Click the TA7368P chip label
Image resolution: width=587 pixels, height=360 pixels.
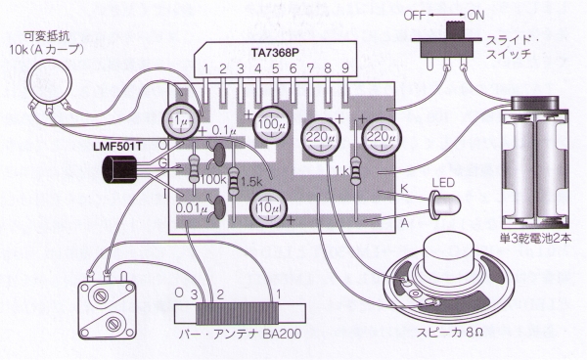(275, 53)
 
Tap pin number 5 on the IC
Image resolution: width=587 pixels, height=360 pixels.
(276, 68)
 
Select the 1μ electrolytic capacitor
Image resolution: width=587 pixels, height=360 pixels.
(180, 120)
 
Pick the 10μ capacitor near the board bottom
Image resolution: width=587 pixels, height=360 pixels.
(268, 208)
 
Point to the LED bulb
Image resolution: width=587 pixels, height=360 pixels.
(445, 205)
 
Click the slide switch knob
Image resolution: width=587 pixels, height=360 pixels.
(455, 30)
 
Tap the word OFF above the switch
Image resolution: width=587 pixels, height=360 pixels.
(415, 16)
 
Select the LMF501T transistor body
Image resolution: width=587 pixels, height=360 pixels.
(119, 169)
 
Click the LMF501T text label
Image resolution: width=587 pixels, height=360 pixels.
(118, 146)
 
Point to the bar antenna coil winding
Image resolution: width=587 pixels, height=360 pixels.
(237, 314)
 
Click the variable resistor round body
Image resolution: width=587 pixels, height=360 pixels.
(49, 81)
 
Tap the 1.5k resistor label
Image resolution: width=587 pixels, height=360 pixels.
(252, 182)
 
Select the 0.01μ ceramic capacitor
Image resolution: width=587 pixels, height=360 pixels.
(219, 207)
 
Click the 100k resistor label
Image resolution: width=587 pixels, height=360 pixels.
(213, 180)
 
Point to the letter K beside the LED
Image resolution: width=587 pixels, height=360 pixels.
(405, 188)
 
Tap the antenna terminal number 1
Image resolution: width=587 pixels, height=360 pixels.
(278, 293)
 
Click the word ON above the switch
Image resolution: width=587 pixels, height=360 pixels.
(475, 16)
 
